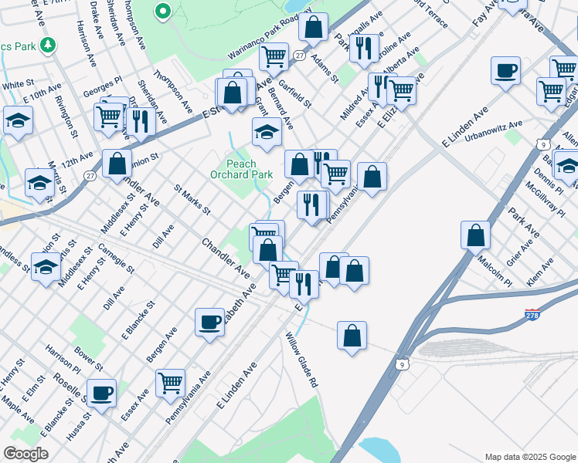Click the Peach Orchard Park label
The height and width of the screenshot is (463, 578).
coord(249,169)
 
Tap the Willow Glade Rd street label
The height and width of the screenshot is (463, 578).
coord(301,360)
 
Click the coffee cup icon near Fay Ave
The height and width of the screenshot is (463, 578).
coord(505,72)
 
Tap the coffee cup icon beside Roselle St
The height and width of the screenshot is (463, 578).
coord(101,393)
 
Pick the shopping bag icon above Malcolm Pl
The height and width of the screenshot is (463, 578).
coord(476,235)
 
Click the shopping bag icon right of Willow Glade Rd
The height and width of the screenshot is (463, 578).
coord(352,336)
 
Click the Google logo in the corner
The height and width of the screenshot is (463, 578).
coord(25,454)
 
